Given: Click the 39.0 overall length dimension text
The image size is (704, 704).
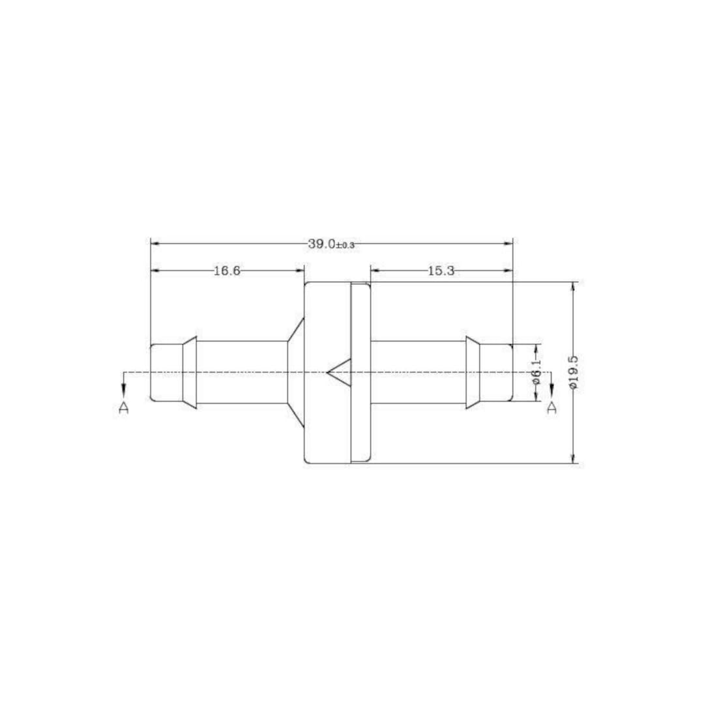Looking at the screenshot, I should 321,244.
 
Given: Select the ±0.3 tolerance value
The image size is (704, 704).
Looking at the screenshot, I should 345,245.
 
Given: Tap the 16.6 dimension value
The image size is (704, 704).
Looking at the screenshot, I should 227,271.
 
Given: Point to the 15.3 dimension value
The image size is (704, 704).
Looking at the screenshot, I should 441,271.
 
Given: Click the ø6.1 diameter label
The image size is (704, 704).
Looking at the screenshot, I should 536,372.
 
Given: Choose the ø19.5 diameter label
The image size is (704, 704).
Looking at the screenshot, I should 573,372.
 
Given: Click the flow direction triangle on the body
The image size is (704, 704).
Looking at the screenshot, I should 340,374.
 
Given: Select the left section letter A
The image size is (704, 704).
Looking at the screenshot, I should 124,407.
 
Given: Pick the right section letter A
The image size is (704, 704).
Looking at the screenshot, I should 551,407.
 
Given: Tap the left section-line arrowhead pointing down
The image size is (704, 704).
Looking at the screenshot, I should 124,389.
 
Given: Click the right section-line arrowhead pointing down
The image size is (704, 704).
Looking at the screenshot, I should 551,389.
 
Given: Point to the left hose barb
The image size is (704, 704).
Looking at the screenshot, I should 189,374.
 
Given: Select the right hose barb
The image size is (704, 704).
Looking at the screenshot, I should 473,374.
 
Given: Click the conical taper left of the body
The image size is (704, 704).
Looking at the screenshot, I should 295,374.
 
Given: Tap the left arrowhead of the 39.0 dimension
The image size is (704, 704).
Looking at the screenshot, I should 155,244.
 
